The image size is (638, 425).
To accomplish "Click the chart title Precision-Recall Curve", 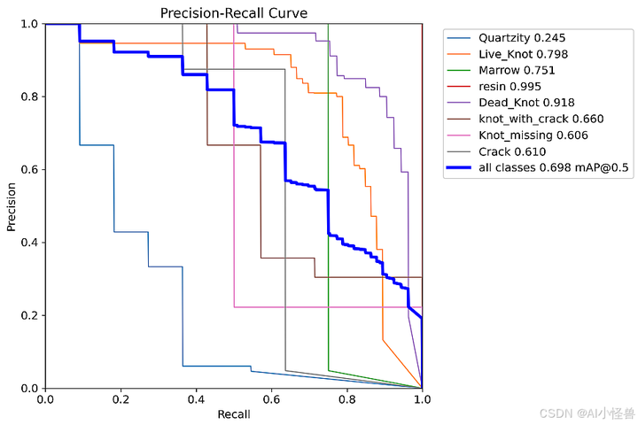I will [x=233, y=13].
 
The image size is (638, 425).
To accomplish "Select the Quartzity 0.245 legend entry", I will [x=521, y=38].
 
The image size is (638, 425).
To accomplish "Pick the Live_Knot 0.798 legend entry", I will [x=523, y=54].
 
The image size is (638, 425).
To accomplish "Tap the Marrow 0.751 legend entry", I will [x=517, y=70].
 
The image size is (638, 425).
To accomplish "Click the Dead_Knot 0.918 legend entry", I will [x=525, y=103].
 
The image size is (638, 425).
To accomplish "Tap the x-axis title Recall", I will [x=233, y=413].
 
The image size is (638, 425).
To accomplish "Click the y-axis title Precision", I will [x=12, y=205].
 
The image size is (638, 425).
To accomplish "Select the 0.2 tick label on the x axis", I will [x=121, y=399].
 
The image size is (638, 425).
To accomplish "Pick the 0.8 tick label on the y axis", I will [x=28, y=97].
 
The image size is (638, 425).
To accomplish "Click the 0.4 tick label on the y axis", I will [x=28, y=243].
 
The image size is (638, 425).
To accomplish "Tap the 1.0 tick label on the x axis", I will [x=422, y=399].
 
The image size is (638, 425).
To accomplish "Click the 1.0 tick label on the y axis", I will [x=28, y=24].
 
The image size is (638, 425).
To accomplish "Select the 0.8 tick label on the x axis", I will [x=346, y=399].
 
